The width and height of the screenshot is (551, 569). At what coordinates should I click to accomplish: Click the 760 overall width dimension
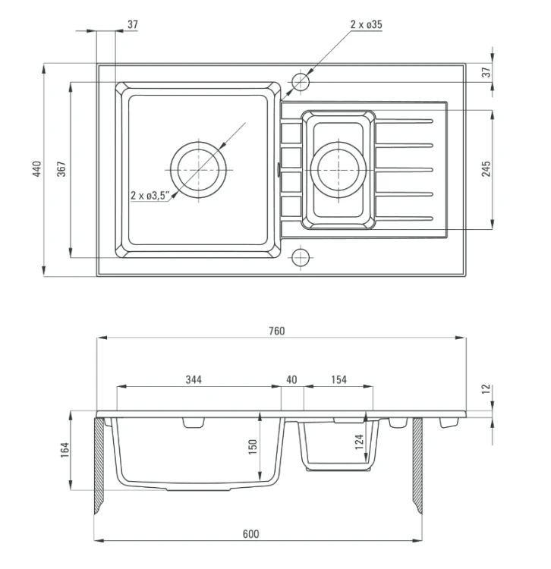(276, 331)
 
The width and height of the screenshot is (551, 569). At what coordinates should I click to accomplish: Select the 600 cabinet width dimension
(250, 534)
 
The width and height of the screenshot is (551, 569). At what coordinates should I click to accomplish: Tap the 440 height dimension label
(37, 169)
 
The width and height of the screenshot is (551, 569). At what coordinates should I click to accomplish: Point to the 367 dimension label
(61, 169)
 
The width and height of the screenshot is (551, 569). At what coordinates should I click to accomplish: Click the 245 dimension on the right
(486, 169)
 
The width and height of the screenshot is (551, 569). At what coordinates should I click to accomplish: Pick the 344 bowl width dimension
(194, 379)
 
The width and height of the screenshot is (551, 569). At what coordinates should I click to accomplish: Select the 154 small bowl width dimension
(338, 379)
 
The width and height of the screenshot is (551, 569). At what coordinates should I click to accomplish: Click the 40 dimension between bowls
(291, 379)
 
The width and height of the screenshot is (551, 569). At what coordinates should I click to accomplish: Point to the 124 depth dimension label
(359, 442)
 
